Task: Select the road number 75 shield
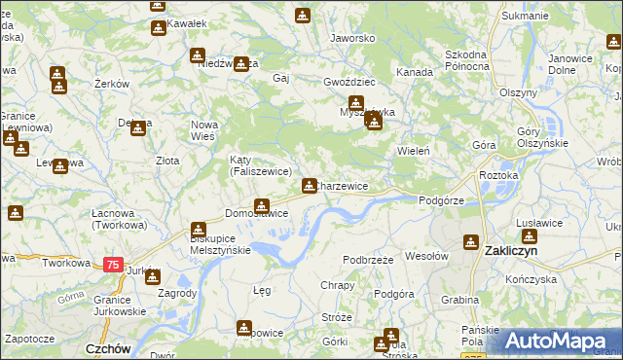113,265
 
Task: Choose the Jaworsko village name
352,38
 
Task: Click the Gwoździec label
348,83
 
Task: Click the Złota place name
167,161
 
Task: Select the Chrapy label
338,285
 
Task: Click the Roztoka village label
498,175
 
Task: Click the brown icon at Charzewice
310,185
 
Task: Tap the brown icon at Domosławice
261,205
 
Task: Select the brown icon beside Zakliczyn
472,241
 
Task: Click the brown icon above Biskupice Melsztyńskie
199,228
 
